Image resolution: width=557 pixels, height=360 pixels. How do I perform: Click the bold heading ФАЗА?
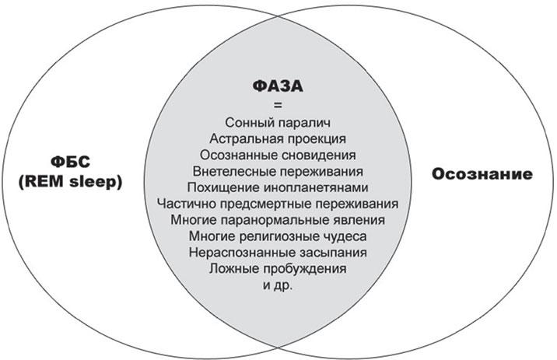click(x=278, y=86)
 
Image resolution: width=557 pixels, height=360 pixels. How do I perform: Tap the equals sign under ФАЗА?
click(x=278, y=105)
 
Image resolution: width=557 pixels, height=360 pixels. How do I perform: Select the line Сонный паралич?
click(x=278, y=123)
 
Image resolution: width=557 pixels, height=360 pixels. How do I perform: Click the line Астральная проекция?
click(x=278, y=138)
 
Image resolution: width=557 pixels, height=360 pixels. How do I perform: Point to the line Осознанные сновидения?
click(x=278, y=156)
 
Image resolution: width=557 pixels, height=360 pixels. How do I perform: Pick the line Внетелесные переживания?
click(x=278, y=172)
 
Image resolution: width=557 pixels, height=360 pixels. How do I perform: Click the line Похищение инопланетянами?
click(x=278, y=187)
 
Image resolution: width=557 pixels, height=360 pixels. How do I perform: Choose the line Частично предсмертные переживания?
click(x=278, y=204)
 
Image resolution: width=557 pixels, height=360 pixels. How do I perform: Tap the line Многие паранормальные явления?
click(x=278, y=220)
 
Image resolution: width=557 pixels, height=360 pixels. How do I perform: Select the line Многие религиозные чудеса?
click(x=278, y=236)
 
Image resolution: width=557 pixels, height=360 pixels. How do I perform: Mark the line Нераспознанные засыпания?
click(x=278, y=253)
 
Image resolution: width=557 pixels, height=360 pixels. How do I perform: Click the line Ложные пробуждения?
click(x=278, y=269)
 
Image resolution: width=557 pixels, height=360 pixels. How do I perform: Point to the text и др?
click(x=278, y=285)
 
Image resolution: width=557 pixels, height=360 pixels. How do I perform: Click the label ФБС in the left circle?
click(x=70, y=163)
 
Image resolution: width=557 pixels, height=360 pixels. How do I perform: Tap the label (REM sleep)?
click(x=70, y=182)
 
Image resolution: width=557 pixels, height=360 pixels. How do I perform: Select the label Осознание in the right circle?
click(x=482, y=174)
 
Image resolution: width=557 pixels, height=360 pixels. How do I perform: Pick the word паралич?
click(x=304, y=123)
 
